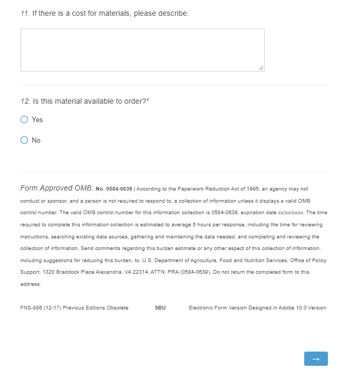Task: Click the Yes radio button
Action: pos(24,120)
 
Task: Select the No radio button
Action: pos(24,140)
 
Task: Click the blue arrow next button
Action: pos(316,358)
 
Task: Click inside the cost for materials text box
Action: pos(142,50)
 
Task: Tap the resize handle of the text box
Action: pos(261,68)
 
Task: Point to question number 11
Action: pos(24,13)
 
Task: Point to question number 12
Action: pos(25,101)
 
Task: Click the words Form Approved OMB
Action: pos(56,188)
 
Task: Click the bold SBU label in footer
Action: pos(160,308)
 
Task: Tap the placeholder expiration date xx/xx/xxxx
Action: pos(290,213)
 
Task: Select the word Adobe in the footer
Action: pos(286,308)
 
